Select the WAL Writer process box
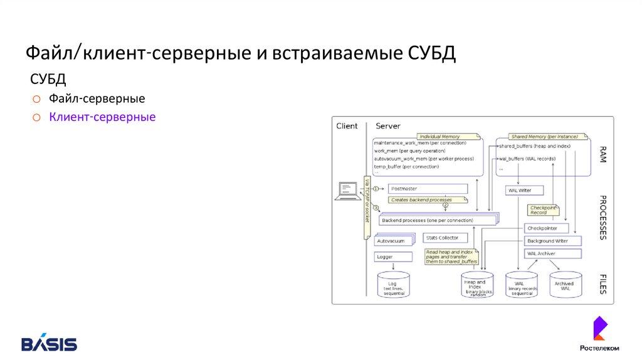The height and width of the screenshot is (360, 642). coord(524,190)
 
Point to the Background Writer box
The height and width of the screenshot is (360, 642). coord(552,241)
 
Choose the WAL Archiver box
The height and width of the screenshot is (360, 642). coord(552,253)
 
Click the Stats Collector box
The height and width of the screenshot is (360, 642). coord(445,238)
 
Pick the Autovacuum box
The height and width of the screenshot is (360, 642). coord(394,240)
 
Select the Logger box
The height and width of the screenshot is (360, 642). coord(394,257)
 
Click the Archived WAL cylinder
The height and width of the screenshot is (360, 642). coord(565,285)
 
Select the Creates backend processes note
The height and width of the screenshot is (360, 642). coord(428,200)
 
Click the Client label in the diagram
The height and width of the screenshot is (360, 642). coord(347,126)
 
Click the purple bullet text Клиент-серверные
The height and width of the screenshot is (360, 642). coord(102,117)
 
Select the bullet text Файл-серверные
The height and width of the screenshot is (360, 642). coord(97,98)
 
